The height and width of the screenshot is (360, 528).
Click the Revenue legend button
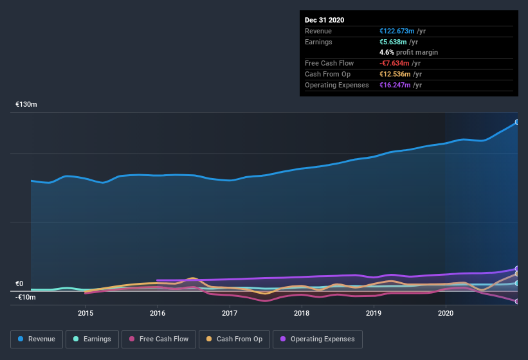tap(37, 339)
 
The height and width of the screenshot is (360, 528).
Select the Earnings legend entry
tap(91, 339)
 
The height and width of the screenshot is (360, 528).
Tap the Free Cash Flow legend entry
tap(158, 339)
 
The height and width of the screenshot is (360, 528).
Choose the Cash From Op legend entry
tap(234, 339)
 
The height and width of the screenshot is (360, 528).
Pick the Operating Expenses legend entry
tap(317, 339)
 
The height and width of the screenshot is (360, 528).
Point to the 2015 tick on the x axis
tap(86, 313)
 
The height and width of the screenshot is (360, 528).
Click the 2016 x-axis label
tap(158, 313)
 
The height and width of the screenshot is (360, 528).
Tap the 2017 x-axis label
tap(230, 313)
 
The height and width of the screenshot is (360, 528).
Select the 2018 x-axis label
tap(302, 313)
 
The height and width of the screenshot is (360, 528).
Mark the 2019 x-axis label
tap(374, 313)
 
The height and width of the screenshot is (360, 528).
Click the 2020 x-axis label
tap(446, 313)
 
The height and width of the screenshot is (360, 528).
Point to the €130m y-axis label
tap(26, 104)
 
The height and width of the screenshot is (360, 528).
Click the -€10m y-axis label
tap(26, 297)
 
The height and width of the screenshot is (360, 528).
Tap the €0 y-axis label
tap(19, 283)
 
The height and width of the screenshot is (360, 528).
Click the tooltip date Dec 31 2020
tap(325, 20)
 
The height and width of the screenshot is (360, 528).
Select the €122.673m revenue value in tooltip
tap(396, 31)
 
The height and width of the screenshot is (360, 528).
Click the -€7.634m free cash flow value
tap(394, 63)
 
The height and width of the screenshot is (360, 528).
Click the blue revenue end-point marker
tap(517, 122)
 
